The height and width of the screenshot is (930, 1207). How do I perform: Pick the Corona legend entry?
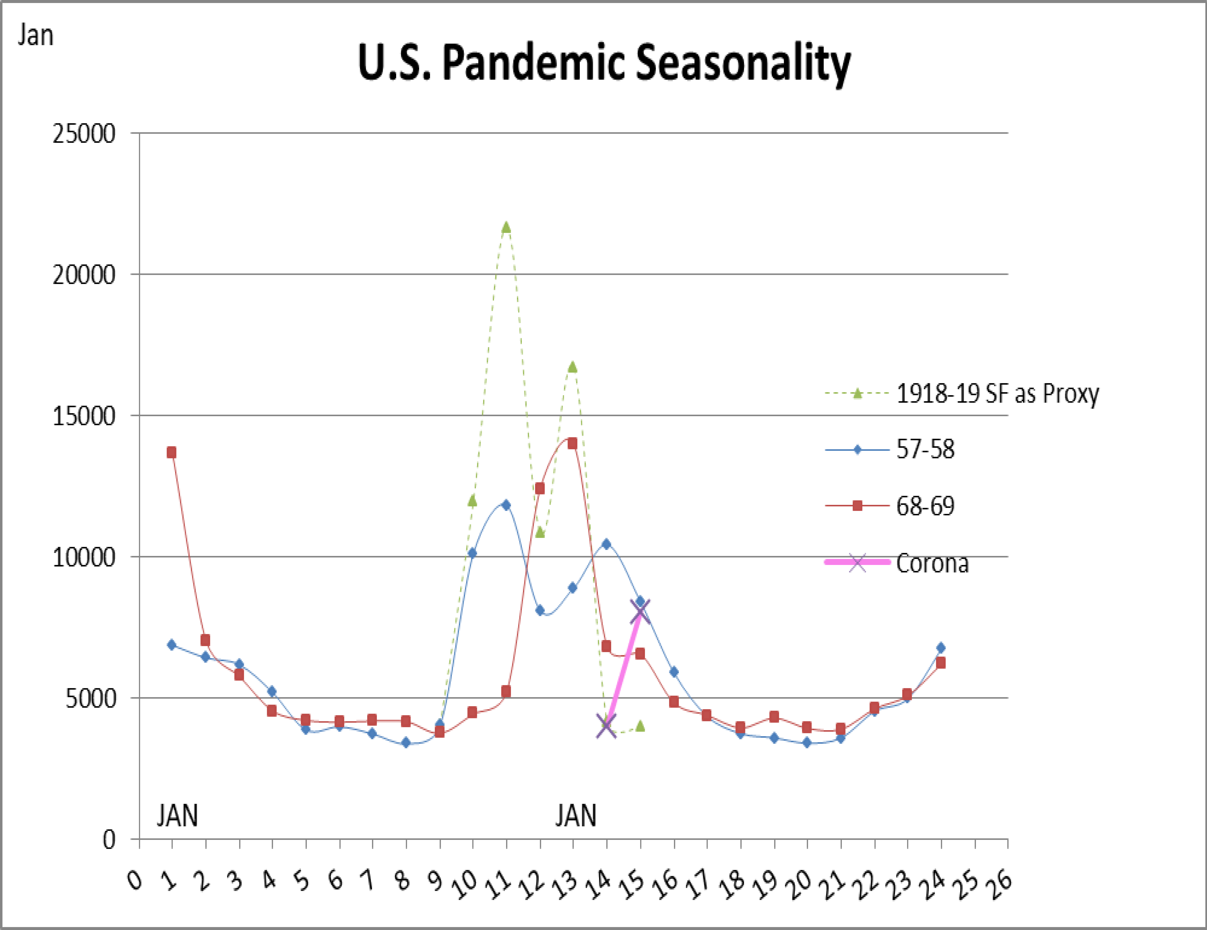[x=932, y=563]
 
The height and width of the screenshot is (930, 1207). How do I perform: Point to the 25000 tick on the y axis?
[x=84, y=134]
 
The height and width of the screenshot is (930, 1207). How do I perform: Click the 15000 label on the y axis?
[x=84, y=416]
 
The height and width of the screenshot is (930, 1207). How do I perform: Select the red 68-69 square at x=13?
[x=573, y=443]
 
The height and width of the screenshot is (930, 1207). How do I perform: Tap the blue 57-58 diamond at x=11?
[x=506, y=505]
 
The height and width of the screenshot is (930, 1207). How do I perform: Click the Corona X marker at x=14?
[x=606, y=726]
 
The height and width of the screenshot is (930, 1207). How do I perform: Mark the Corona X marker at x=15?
[x=640, y=611]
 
